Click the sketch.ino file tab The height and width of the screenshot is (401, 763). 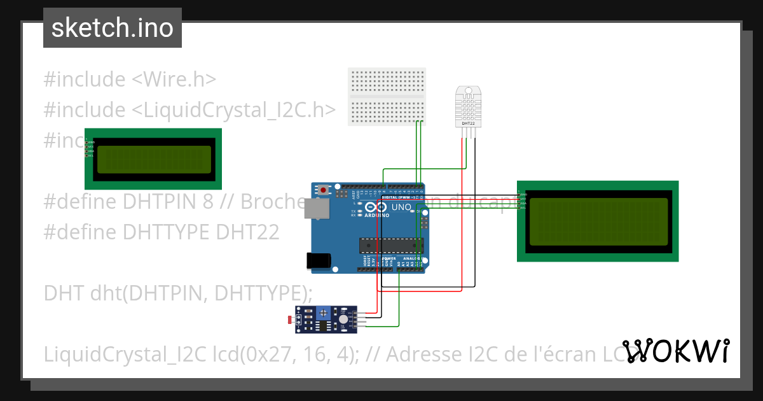click(x=113, y=28)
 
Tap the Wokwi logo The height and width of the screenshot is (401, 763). click(x=676, y=351)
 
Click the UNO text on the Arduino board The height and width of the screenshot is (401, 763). click(x=401, y=208)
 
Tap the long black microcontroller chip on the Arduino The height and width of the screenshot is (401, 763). click(x=391, y=244)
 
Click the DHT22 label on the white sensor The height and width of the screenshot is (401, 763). click(x=468, y=123)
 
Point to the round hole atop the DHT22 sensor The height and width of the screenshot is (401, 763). click(x=468, y=91)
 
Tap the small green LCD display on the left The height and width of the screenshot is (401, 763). click(x=153, y=159)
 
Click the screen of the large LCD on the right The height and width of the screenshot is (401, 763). click(x=598, y=222)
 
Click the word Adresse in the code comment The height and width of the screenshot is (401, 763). click(x=422, y=353)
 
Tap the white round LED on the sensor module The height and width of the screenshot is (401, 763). click(x=343, y=320)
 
